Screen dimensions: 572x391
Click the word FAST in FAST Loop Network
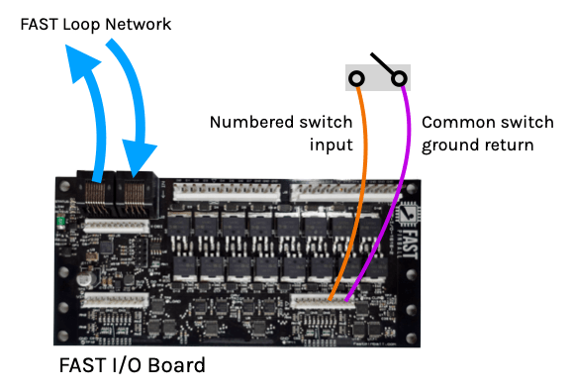pos(39,25)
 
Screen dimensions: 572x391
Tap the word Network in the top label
pos(139,25)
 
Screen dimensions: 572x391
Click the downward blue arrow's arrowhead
pos(139,157)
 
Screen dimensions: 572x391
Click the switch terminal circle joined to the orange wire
pos(356,78)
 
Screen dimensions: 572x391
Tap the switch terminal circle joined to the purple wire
pos(399,78)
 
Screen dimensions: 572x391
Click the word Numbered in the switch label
pos(252,122)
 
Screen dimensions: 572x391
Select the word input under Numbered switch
pos(332,145)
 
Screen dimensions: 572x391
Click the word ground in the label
pos(447,146)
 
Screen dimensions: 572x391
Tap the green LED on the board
pos(60,222)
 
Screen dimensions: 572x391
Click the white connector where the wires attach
pos(323,301)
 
